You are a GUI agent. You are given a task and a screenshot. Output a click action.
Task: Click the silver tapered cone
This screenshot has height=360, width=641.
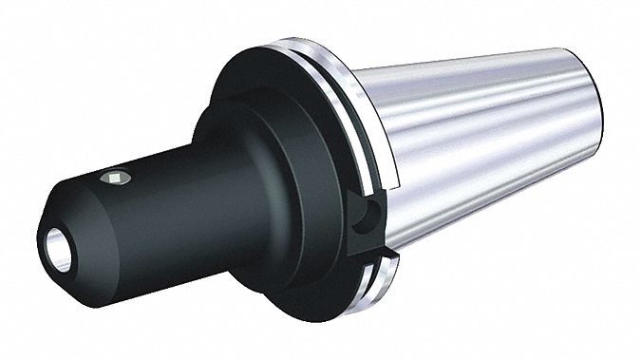click(x=475, y=142)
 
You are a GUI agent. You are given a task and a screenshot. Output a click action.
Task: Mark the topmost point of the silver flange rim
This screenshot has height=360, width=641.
click(x=285, y=42)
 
